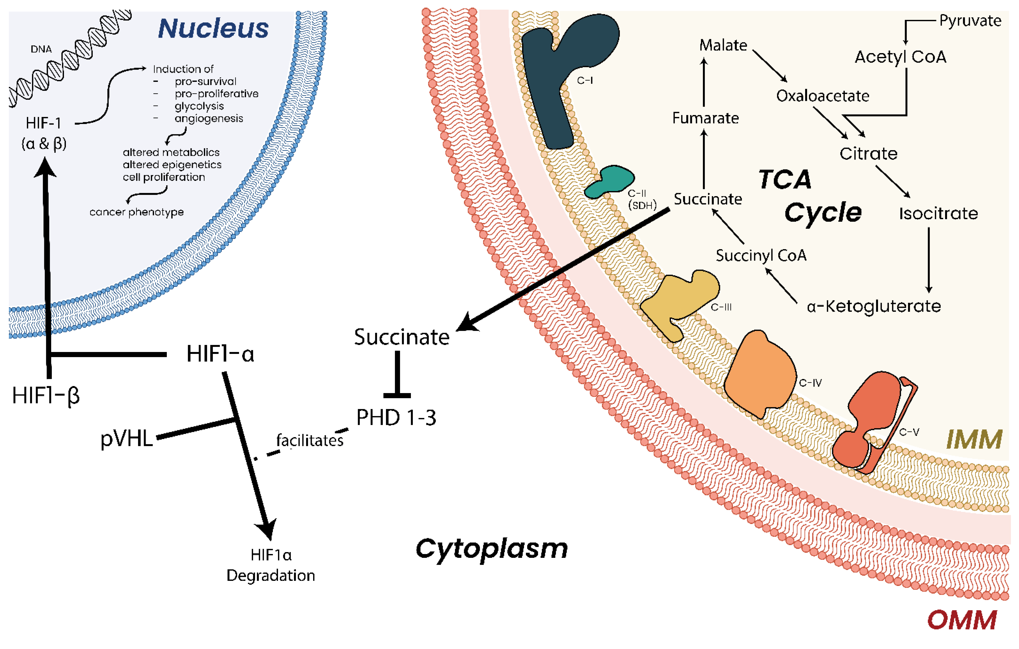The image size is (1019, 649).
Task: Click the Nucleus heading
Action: pyautogui.click(x=213, y=29)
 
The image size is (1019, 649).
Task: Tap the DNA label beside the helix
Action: pyautogui.click(x=41, y=49)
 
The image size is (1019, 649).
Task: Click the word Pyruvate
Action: pyautogui.click(x=970, y=21)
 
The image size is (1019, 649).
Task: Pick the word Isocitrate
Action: pyautogui.click(x=938, y=213)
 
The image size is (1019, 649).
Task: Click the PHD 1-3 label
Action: pyautogui.click(x=396, y=418)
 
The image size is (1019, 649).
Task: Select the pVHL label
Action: pyautogui.click(x=126, y=439)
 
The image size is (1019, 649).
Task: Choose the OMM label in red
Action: pyautogui.click(x=962, y=620)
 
